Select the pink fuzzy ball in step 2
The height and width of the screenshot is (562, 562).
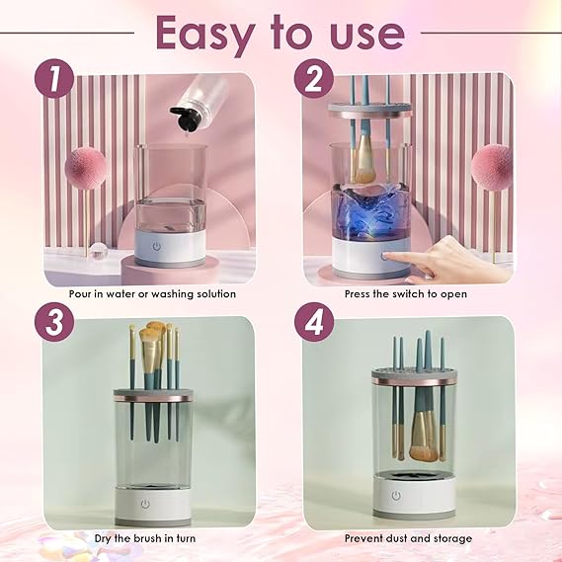pos(491,166)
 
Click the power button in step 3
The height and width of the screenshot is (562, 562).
pos(145,503)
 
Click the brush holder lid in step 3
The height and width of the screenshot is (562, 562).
pos(152,394)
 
